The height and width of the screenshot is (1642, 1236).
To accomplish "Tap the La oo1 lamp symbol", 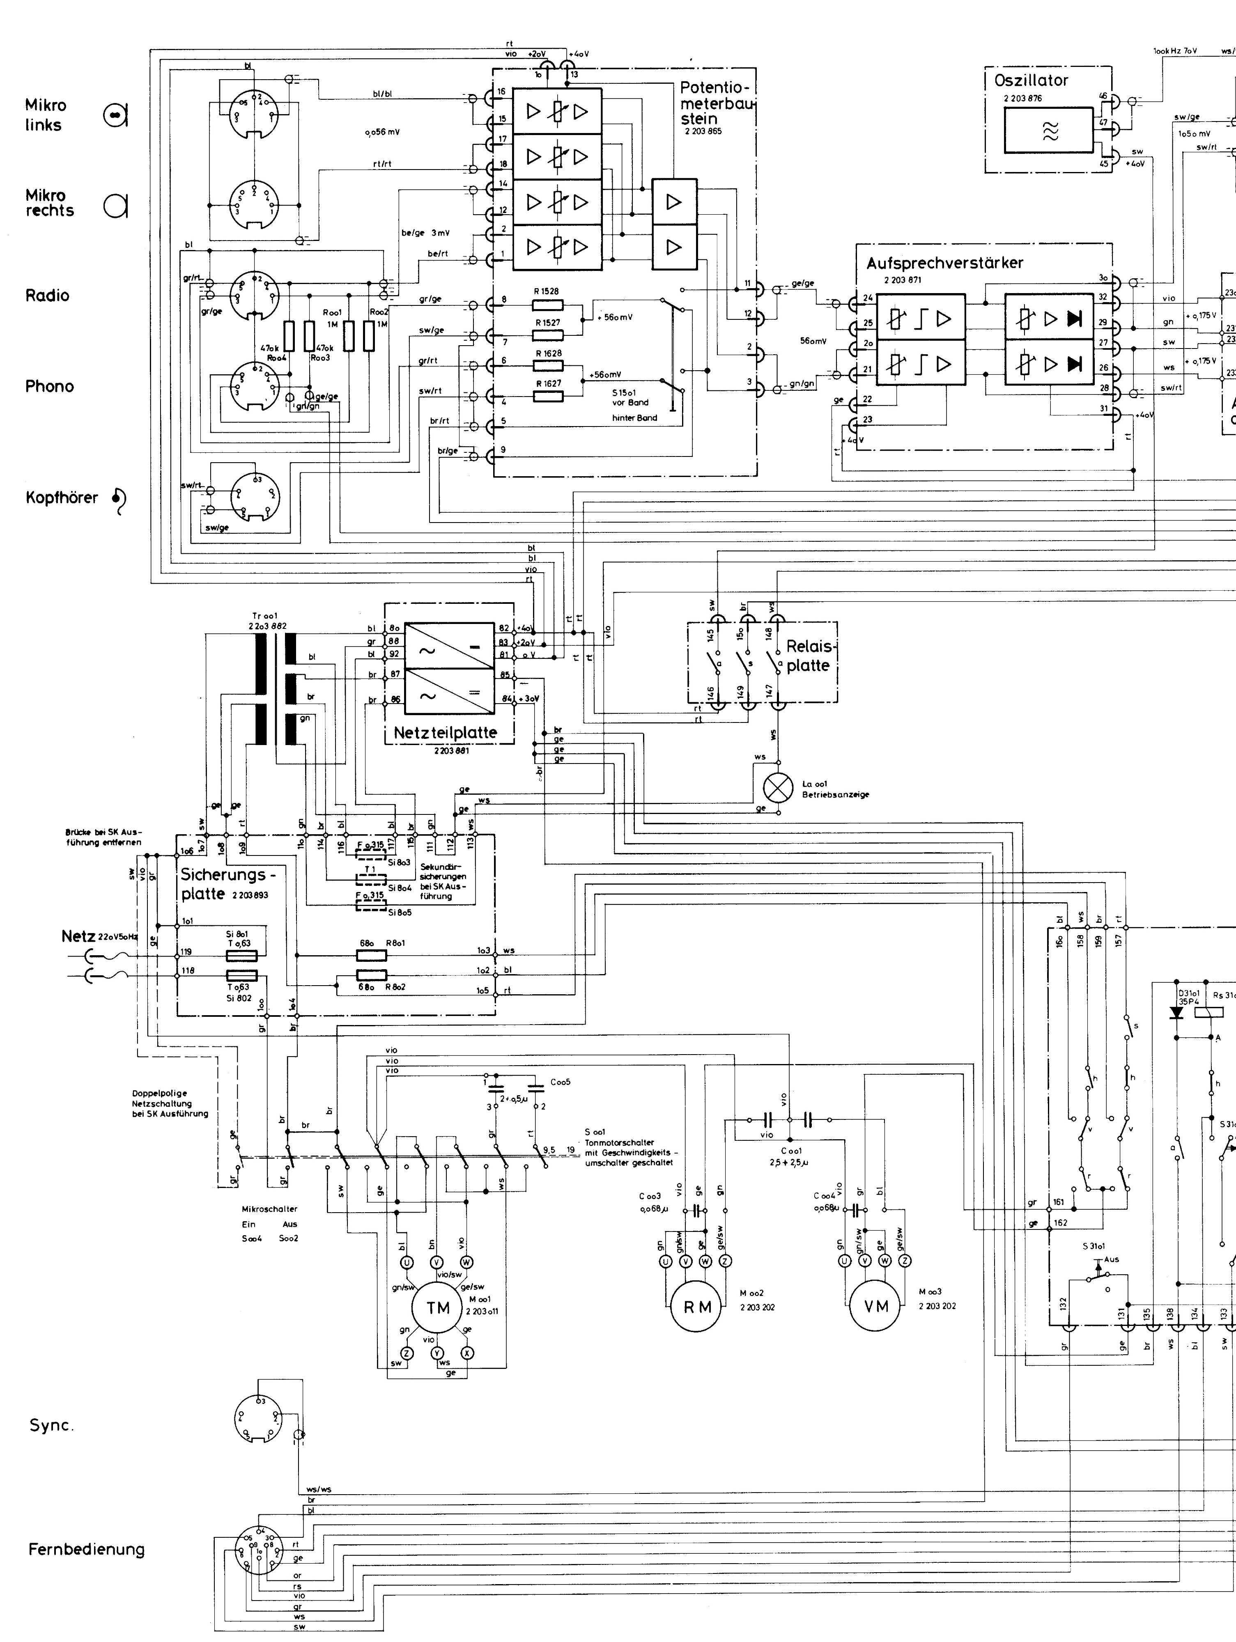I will (x=779, y=788).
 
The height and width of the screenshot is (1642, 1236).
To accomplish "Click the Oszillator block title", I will (x=1031, y=80).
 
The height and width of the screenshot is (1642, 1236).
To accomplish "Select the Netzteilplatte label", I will (x=445, y=733).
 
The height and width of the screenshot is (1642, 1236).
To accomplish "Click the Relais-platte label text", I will (x=808, y=656).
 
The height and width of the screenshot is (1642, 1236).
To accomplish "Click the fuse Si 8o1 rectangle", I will (x=242, y=954).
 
